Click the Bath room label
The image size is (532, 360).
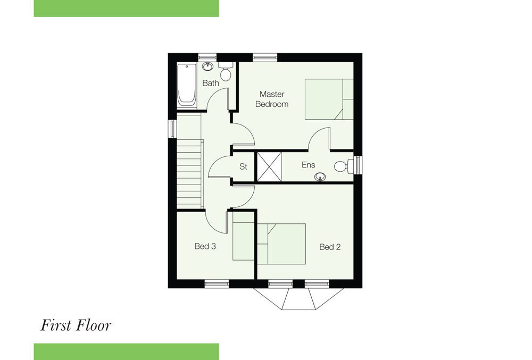(210, 83)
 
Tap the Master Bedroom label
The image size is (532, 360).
(272, 99)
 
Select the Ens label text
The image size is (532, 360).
(309, 165)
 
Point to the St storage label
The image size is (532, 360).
(243, 166)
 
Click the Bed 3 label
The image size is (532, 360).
(205, 246)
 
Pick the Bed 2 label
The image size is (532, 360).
(330, 247)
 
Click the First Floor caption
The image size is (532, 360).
(76, 325)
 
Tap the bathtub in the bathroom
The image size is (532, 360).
(187, 86)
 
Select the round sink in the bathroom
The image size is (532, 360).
(207, 66)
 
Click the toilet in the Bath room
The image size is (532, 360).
(225, 70)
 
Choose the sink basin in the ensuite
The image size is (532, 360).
(320, 177)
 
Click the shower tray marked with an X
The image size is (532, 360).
(269, 167)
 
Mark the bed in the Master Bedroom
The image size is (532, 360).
(329, 99)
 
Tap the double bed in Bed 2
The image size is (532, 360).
(281, 244)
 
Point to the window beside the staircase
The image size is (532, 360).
(172, 129)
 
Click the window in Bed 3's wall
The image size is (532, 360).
(217, 284)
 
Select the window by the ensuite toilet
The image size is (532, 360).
(358, 165)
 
